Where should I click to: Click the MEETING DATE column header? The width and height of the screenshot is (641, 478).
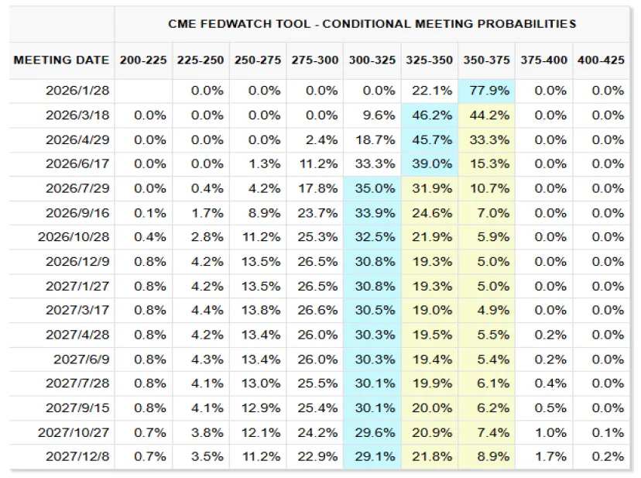point(60,60)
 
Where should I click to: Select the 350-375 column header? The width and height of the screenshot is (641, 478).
point(486,60)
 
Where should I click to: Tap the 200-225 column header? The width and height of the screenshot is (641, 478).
point(142,60)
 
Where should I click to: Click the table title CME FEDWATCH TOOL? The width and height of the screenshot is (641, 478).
point(372,24)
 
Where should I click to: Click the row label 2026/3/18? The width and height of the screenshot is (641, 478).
point(78,115)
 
